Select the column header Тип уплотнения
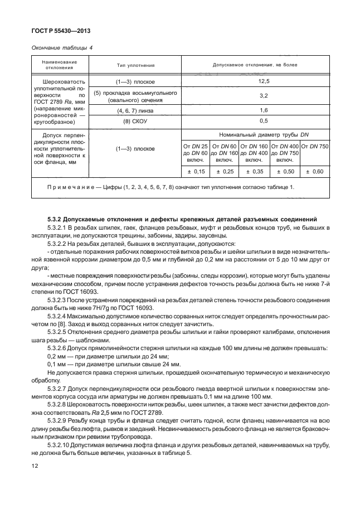click(x=135, y=65)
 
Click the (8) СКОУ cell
click(x=135, y=120)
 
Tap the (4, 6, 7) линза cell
click(x=135, y=110)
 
